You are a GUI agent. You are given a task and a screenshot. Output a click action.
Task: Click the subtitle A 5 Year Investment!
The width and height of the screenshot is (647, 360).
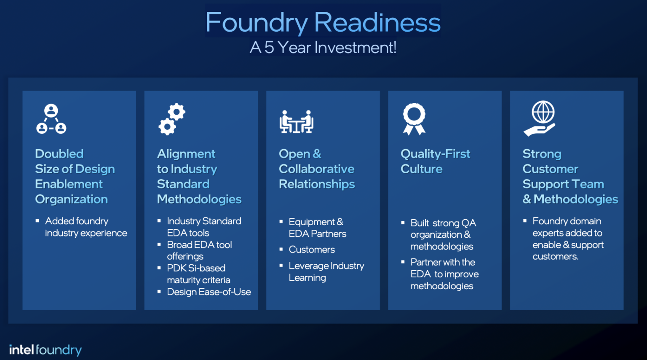(x=323, y=48)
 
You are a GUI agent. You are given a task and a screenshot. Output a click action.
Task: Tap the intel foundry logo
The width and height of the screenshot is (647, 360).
(x=45, y=349)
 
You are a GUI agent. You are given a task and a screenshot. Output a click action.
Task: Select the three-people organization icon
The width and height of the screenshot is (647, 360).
(x=51, y=119)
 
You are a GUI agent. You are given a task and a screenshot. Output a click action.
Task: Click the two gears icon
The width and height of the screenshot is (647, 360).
(x=172, y=119)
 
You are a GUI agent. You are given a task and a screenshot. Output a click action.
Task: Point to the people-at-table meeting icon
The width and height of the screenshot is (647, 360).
(x=297, y=122)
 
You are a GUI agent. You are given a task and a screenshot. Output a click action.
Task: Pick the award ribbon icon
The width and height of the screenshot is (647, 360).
(x=414, y=119)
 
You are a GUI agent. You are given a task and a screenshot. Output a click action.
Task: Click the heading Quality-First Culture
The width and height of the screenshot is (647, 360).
(x=435, y=161)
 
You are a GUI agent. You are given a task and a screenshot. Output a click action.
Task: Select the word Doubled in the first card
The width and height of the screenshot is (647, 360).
(x=59, y=154)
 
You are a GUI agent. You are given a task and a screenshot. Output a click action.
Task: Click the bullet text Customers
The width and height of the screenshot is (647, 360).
(x=312, y=250)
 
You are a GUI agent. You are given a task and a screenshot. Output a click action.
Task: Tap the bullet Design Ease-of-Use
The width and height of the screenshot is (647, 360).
(x=209, y=292)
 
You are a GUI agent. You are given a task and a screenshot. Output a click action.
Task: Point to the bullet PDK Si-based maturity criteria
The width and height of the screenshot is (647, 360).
(x=198, y=274)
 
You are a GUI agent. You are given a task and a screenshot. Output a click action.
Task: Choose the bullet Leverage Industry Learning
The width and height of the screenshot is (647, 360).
(x=326, y=272)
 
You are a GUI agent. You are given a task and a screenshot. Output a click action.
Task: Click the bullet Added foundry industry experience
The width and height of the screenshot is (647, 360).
(x=86, y=227)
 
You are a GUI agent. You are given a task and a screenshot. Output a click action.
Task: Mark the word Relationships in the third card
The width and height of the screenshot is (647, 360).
(x=317, y=184)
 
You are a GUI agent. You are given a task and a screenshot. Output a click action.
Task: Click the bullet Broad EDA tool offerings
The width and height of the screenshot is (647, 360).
(x=199, y=250)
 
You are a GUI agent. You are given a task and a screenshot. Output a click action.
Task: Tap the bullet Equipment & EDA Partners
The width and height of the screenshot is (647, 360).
(x=317, y=228)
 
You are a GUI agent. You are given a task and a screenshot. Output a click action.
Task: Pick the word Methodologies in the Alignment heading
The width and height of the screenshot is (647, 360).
(x=199, y=199)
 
